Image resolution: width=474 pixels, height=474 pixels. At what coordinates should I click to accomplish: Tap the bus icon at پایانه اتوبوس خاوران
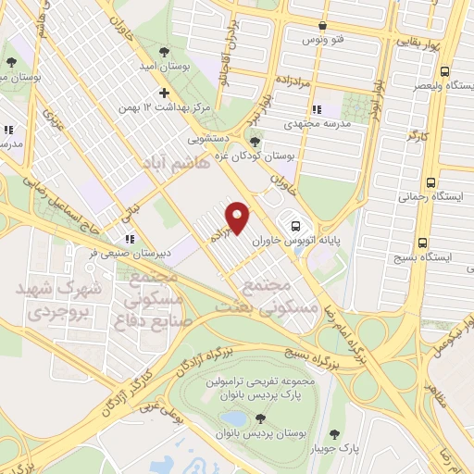(x=295, y=224)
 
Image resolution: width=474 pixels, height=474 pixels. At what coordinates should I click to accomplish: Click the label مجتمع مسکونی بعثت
(x=277, y=293)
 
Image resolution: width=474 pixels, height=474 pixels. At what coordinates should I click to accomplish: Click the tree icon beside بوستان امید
(x=163, y=51)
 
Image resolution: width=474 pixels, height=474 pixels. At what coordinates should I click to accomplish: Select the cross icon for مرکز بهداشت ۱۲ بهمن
(x=165, y=93)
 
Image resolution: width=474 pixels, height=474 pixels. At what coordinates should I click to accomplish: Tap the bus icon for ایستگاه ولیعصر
(x=446, y=71)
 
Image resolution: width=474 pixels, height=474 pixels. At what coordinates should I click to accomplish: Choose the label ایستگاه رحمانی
(x=424, y=197)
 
